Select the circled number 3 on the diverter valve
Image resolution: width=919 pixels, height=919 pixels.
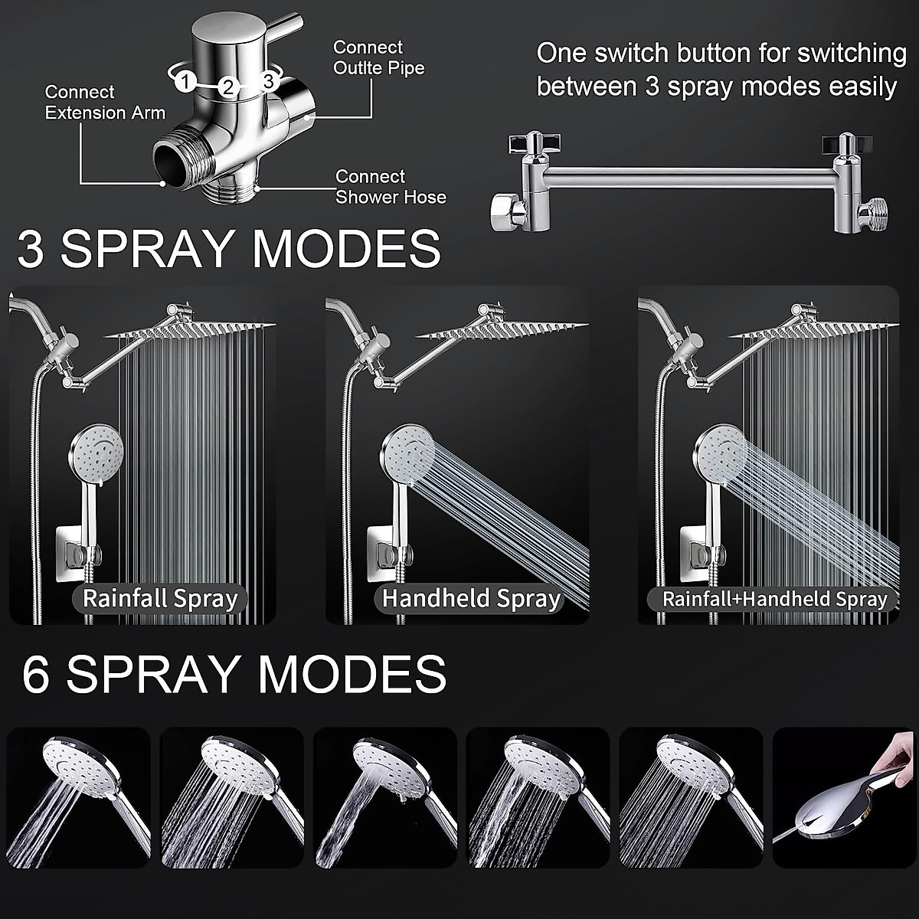(268, 80)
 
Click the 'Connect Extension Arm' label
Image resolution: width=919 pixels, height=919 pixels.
(105, 103)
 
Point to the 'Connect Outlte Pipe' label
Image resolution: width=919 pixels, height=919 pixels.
(378, 57)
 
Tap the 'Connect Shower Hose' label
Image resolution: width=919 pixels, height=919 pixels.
(391, 187)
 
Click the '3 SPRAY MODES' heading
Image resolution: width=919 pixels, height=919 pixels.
(229, 248)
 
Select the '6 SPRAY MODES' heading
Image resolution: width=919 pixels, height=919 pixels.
(234, 674)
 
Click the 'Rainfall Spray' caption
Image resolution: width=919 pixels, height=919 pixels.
(160, 598)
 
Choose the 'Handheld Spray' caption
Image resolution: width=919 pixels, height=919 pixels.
(471, 598)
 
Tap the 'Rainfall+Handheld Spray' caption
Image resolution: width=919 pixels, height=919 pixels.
(774, 599)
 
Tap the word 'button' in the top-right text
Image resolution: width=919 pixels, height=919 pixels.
(703, 54)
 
